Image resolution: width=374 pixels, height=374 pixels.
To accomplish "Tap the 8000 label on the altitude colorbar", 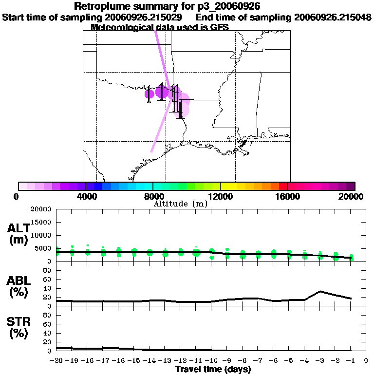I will [153, 196].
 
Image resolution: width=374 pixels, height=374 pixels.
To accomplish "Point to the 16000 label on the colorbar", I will [288, 196].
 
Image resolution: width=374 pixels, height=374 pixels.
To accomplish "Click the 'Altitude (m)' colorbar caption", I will [180, 204].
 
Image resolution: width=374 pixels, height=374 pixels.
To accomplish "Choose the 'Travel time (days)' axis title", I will [213, 370].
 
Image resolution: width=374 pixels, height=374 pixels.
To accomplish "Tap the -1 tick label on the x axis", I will [351, 361].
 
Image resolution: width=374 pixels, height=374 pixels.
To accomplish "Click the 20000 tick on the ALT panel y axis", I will [42, 209].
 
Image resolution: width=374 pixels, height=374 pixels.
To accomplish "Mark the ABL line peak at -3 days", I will [320, 291].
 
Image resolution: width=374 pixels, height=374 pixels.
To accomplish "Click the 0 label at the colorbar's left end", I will [17, 196].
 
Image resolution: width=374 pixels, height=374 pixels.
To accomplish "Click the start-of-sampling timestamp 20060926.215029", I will [144, 18].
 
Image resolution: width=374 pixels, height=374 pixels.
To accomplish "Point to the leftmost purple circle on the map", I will [150, 94].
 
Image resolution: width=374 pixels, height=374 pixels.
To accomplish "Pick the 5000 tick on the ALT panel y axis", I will [44, 248].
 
